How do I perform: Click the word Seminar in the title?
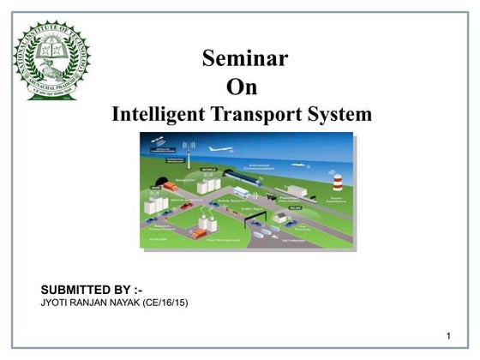tap(244, 58)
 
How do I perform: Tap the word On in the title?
tap(241, 87)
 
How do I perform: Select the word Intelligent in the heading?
tap(163, 114)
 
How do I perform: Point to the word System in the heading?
tap(342, 114)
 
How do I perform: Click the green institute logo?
tap(51, 60)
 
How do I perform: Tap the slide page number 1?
tap(448, 333)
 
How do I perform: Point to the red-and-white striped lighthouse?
tap(338, 182)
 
